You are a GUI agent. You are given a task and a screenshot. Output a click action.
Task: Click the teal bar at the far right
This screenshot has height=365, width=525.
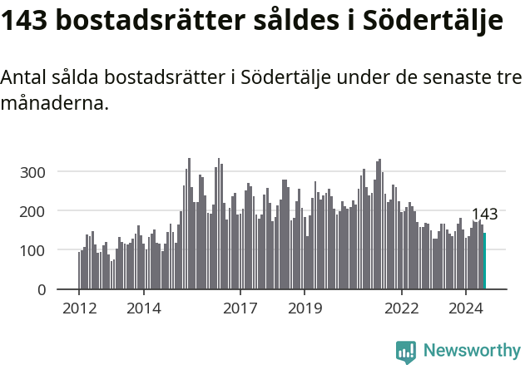click(x=484, y=261)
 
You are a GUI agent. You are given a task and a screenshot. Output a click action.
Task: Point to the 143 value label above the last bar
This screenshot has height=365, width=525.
click(x=484, y=215)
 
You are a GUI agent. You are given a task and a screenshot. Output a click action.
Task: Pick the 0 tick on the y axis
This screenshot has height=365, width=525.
click(x=41, y=289)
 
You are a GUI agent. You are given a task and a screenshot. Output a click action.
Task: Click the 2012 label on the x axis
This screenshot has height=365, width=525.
click(x=79, y=308)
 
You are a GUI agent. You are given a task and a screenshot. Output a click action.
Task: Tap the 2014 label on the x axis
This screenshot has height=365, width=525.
click(x=143, y=308)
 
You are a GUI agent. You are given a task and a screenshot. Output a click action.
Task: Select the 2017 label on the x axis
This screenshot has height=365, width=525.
click(x=240, y=308)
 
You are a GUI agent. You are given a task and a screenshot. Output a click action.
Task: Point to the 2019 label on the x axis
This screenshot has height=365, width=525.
click(x=305, y=308)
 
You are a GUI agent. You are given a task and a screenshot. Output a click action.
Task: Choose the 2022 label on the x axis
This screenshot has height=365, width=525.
click(x=402, y=308)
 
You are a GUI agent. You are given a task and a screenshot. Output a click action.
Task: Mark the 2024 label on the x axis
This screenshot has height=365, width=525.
click(x=466, y=308)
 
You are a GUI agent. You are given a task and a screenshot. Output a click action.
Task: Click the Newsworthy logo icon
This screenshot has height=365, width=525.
click(x=405, y=352)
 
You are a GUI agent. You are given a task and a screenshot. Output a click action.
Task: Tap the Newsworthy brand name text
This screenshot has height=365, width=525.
click(x=471, y=351)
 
